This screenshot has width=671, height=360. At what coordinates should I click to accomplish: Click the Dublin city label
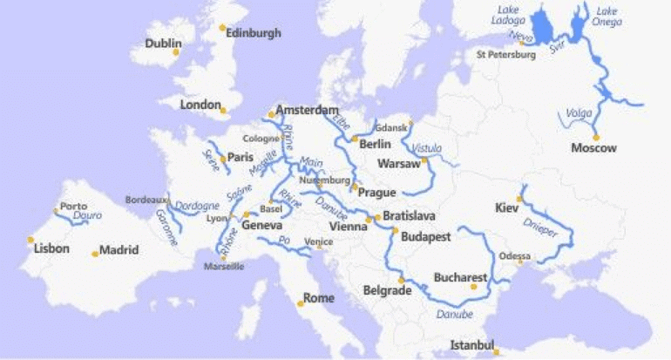pos(163,43)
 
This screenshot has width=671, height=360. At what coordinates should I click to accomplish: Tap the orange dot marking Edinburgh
pos(221,28)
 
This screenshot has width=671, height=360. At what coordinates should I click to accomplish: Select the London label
pos(200,105)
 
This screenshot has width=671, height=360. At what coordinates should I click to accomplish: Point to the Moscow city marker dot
pos(596,137)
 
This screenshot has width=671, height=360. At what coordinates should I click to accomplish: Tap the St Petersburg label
pos(505,55)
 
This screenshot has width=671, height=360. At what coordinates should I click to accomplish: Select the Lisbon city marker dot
pos(30,239)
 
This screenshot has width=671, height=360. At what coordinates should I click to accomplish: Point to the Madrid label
pos(119,250)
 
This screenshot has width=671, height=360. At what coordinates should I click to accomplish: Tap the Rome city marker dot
pos(301,303)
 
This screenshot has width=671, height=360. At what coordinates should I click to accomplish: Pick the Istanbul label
pos(471,345)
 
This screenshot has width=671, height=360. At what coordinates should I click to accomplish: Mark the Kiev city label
pos(505,208)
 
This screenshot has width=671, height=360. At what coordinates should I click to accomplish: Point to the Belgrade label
pos(385,290)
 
